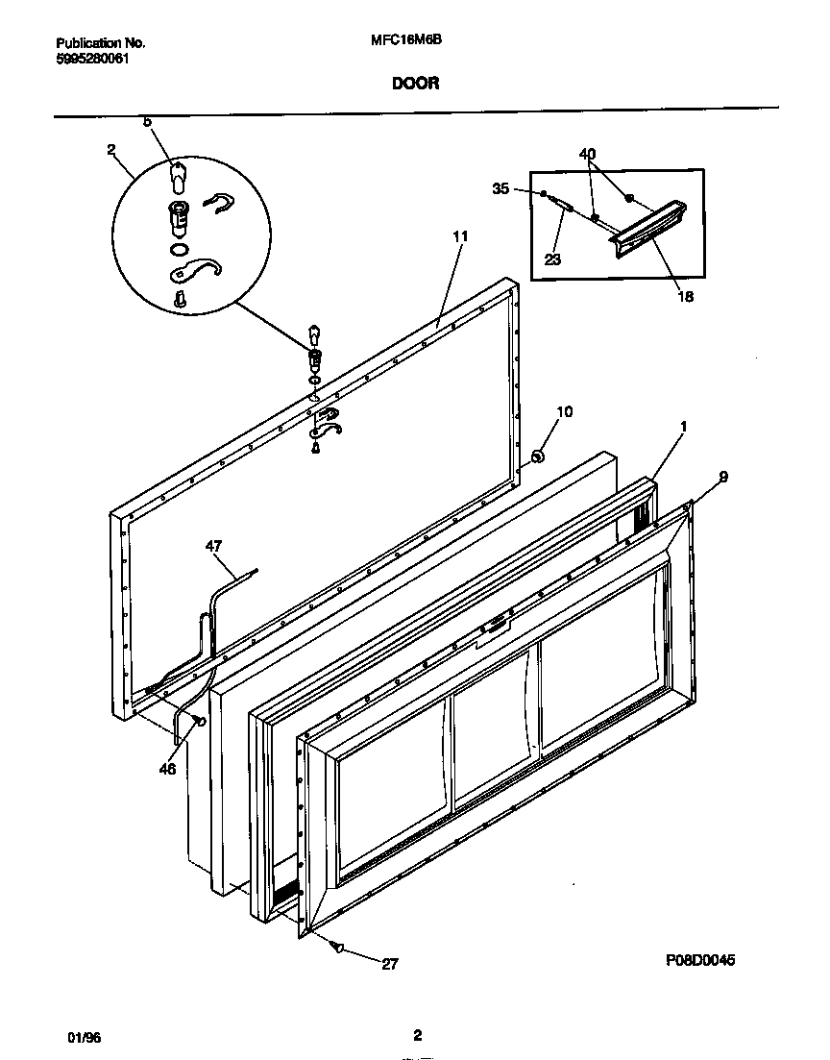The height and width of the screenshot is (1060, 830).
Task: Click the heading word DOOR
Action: point(415,84)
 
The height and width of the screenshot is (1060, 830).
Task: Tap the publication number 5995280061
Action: point(93,58)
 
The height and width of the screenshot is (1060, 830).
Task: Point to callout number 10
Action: point(565,412)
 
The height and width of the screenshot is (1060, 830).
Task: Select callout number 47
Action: point(213,547)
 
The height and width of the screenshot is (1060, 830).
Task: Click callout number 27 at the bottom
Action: point(389,965)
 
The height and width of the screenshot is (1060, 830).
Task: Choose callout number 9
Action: point(722,476)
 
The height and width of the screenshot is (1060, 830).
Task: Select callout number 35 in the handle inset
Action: point(500,189)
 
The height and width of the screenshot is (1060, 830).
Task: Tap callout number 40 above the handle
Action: point(587,154)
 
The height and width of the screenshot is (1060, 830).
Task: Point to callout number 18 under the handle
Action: point(685,297)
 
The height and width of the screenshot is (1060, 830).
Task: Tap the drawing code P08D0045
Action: point(705,960)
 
